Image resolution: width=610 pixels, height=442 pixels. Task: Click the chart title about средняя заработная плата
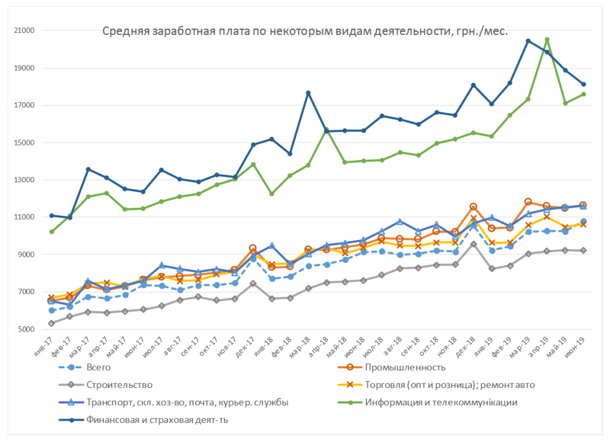305,31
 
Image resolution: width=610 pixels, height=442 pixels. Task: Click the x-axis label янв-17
44,346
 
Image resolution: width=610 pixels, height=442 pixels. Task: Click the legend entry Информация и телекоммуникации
441,402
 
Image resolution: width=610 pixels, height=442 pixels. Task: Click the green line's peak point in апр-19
547,40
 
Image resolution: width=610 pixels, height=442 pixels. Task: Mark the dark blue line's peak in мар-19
528,41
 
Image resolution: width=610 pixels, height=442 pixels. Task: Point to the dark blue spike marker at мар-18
308,93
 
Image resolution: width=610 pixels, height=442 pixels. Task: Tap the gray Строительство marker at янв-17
51,323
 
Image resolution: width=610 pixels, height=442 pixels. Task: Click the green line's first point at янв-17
51,232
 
